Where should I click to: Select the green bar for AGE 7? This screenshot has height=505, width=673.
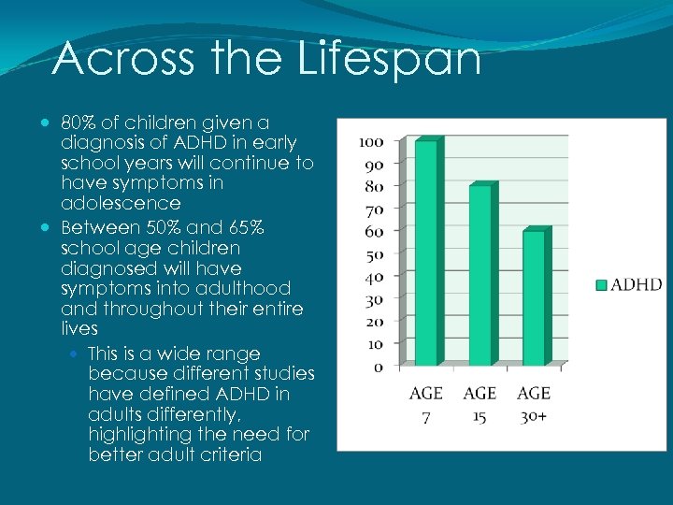tap(426, 252)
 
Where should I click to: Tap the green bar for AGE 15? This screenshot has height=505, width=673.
tap(480, 275)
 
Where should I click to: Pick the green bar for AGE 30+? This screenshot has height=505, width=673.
tap(534, 297)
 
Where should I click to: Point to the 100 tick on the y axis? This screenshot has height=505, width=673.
tap(371, 142)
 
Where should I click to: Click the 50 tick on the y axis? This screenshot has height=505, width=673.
tap(374, 254)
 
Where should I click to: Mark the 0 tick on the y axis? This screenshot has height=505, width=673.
tap(378, 367)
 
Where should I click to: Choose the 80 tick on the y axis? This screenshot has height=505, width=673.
tap(374, 186)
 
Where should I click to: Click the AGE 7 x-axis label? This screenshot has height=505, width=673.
tap(426, 404)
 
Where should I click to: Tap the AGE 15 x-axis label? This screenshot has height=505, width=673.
tap(480, 404)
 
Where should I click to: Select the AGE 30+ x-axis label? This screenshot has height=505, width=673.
tap(534, 404)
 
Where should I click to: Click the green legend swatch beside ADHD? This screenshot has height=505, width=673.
tap(602, 285)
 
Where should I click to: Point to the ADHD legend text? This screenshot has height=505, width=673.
tap(637, 285)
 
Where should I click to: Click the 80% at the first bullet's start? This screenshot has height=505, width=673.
tap(78, 123)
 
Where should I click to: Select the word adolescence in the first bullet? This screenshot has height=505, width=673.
tap(120, 203)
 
